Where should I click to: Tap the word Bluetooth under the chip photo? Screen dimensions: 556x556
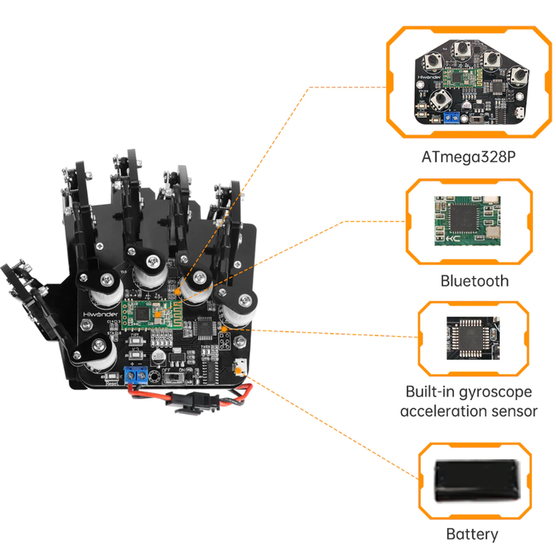(474, 280)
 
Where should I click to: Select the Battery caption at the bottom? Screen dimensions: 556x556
(472, 534)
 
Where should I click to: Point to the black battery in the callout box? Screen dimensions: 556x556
(474, 480)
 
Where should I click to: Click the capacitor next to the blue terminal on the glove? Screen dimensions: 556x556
(158, 358)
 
